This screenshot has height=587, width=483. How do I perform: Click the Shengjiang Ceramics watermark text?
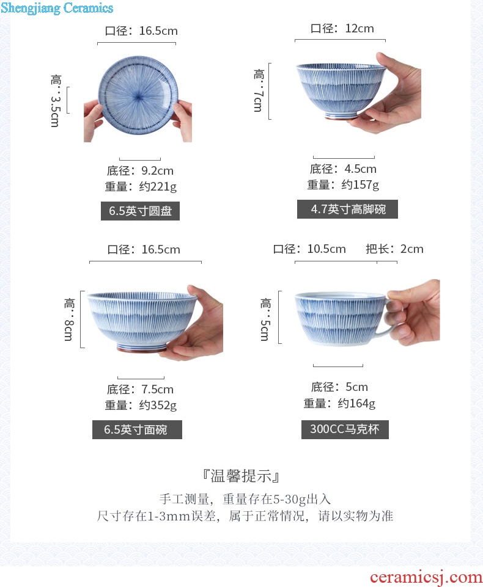point(57,8)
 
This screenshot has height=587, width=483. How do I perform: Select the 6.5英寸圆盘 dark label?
point(140,211)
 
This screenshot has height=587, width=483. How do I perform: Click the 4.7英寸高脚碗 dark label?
point(347,209)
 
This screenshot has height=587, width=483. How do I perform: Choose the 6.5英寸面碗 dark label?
point(137,429)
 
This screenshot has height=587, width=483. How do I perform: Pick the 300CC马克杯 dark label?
point(345,429)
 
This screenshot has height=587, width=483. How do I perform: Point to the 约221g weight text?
point(158,186)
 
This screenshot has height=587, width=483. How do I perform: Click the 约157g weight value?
point(360,184)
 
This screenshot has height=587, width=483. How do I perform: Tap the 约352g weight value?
point(158,405)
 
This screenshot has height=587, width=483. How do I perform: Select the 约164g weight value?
point(356,403)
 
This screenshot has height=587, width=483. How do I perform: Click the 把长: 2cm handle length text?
point(394,249)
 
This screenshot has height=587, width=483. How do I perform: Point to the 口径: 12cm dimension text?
point(342,29)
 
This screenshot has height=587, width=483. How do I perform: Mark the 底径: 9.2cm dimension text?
point(140,170)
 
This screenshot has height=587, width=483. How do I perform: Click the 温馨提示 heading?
point(241,476)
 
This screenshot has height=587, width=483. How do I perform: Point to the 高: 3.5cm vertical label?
point(55,101)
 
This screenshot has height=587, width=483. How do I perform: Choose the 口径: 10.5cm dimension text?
point(309,249)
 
